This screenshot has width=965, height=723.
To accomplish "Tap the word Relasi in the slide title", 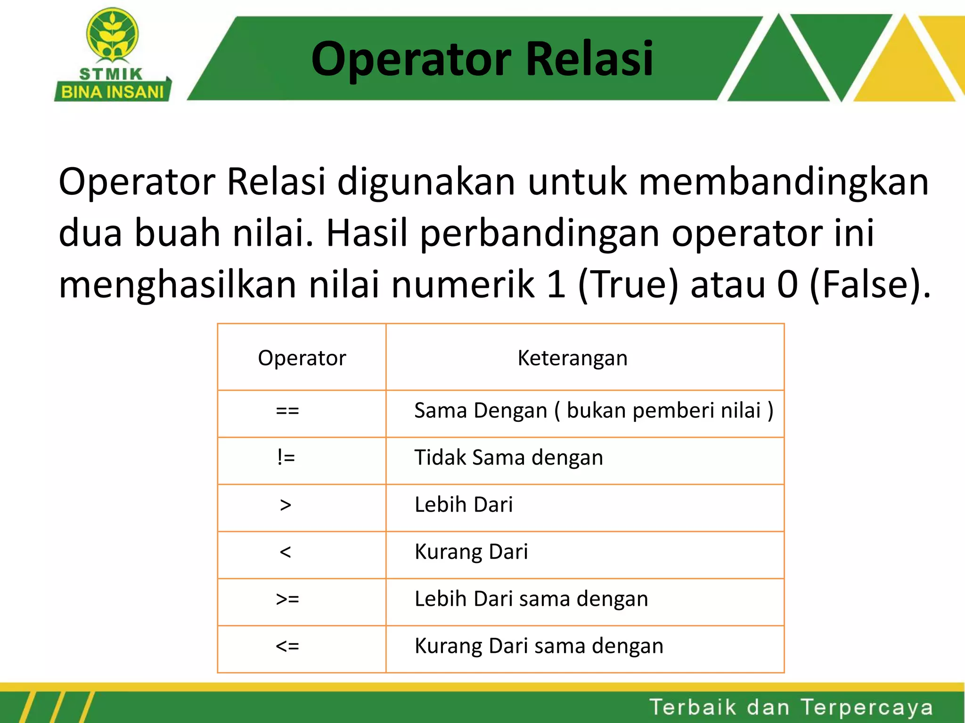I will (589, 58).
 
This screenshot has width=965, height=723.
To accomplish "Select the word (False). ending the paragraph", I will (870, 284).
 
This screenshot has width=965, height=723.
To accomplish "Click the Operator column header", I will (302, 358).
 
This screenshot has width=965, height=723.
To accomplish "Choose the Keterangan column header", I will (572, 358).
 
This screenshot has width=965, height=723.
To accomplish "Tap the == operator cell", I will (287, 411).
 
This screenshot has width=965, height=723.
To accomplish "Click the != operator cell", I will (286, 458).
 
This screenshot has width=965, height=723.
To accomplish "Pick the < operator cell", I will (285, 552).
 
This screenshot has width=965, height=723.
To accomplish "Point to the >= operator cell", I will (287, 599).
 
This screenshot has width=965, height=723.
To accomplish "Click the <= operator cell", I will (287, 646).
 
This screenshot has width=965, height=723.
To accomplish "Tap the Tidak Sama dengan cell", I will (508, 458).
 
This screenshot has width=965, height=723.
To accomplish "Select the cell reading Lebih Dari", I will (463, 505).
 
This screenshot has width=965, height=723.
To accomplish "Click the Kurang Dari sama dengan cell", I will (539, 646).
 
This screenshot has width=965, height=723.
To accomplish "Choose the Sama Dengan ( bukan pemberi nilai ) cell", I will (593, 411).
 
